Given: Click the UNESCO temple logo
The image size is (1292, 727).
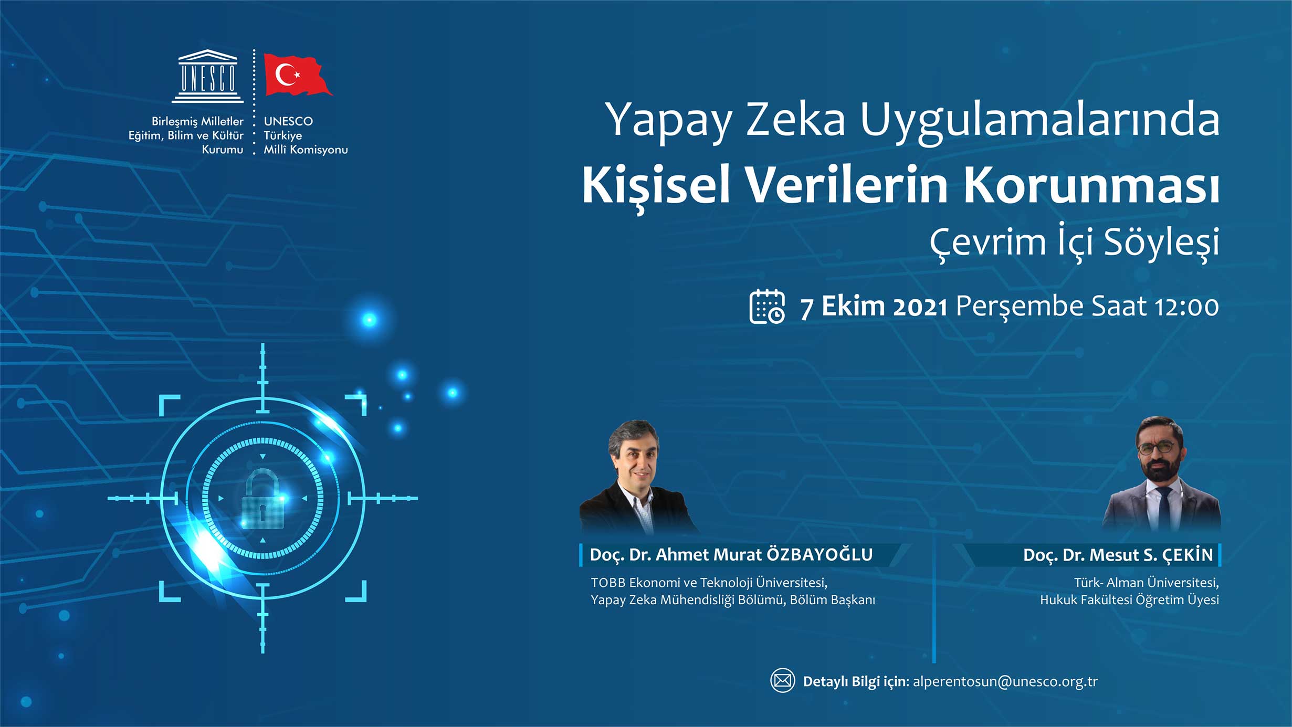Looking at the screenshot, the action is (208, 76).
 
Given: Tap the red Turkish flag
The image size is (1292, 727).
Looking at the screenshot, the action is (297, 75).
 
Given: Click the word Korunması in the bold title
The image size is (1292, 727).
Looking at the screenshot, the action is (1091, 185).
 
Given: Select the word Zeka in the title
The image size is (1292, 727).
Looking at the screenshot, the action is (795, 120).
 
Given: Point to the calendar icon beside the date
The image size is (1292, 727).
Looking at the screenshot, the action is (767, 307).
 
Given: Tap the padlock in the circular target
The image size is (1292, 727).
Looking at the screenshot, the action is (262, 499).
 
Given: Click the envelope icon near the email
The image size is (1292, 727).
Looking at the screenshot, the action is (782, 681).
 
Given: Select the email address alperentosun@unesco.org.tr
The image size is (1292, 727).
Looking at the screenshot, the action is (1005, 681).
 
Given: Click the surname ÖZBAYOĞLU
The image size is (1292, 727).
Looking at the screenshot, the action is (820, 554).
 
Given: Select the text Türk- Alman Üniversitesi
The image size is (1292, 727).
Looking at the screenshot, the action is (1146, 583).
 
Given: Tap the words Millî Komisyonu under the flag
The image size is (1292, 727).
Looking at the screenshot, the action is (306, 150).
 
